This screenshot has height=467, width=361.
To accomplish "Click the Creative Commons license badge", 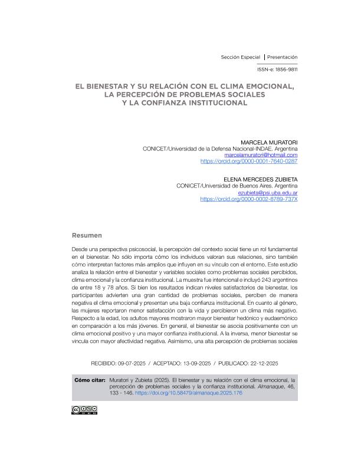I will click(x=84, y=410).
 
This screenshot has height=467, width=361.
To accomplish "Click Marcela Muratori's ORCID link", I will click(x=249, y=160).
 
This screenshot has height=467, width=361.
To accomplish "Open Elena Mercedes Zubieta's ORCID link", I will click(x=249, y=199).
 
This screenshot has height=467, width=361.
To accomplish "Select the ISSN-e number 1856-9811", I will click(x=285, y=69).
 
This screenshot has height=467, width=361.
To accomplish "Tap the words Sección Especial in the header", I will click(x=240, y=57).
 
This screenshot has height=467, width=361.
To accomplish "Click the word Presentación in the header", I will click(x=282, y=57).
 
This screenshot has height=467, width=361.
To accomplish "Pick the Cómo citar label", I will click(x=90, y=380).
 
